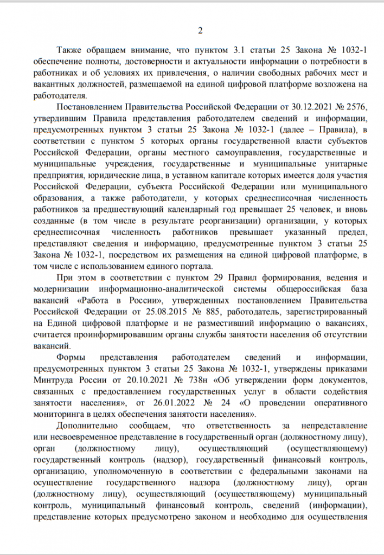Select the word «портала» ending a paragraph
point(197,266)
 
